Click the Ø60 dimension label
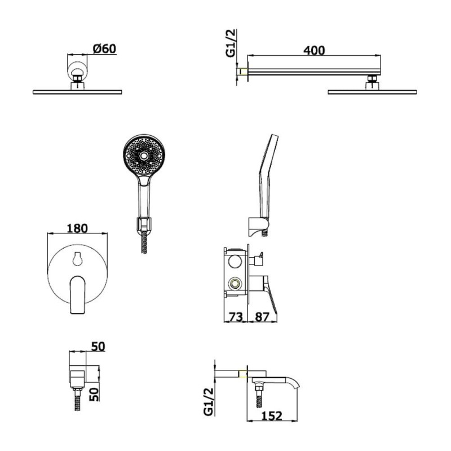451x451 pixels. [x=105, y=48]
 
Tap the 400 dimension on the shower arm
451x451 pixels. [x=314, y=51]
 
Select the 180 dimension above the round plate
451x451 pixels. [x=77, y=228]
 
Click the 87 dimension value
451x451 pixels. [x=262, y=317]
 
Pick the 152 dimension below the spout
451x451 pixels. [x=272, y=416]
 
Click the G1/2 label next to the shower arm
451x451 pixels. [x=231, y=43]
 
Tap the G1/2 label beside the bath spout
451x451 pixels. [x=209, y=401]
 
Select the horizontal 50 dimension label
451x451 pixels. [x=98, y=347]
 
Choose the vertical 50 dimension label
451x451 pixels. [x=94, y=394]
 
